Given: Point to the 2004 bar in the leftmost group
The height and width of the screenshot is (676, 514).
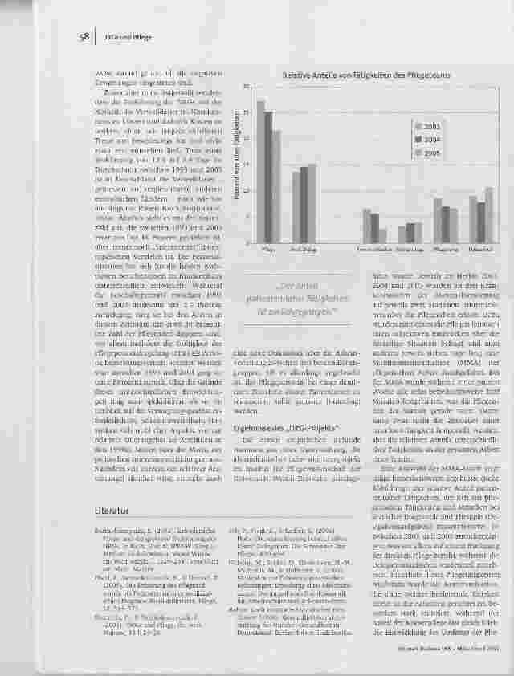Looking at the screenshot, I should coord(268,177).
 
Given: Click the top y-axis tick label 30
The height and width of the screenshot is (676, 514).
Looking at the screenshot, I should coord(247,87).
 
